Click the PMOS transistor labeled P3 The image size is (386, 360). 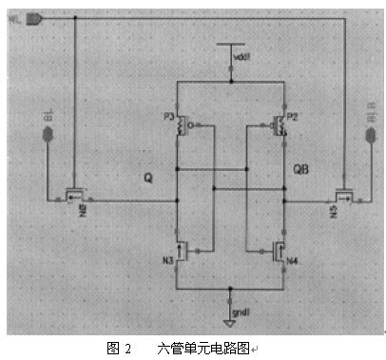182,125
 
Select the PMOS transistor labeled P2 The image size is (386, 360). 280,125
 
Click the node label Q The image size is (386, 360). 146,178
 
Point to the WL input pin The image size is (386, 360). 32,18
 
